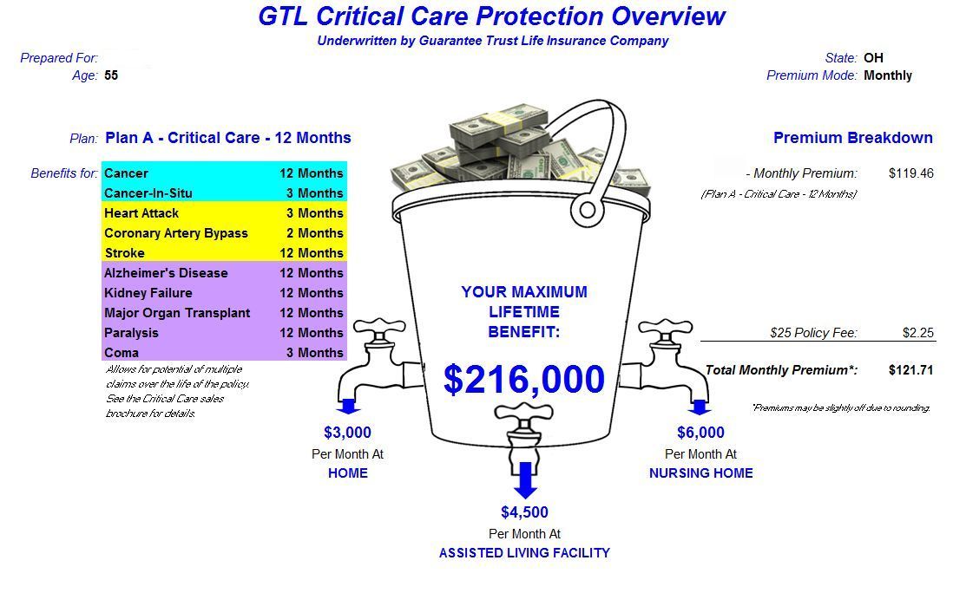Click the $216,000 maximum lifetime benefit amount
pyautogui.click(x=523, y=380)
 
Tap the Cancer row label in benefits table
pyautogui.click(x=126, y=173)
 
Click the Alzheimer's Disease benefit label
pyautogui.click(x=166, y=273)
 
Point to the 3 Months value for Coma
pyautogui.click(x=314, y=353)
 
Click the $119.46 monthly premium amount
pyautogui.click(x=910, y=173)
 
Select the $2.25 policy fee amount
pyautogui.click(x=917, y=333)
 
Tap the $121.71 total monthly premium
pyautogui.click(x=910, y=370)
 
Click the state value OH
pyautogui.click(x=873, y=58)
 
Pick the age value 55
pyautogui.click(x=111, y=75)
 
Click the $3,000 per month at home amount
pyautogui.click(x=347, y=433)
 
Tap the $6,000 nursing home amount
pyautogui.click(x=700, y=433)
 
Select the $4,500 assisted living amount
pyautogui.click(x=524, y=512)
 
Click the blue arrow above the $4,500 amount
pyautogui.click(x=524, y=481)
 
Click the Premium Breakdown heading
pyautogui.click(x=852, y=138)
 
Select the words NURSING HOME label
pyautogui.click(x=700, y=473)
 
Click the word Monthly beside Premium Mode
pyautogui.click(x=888, y=75)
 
